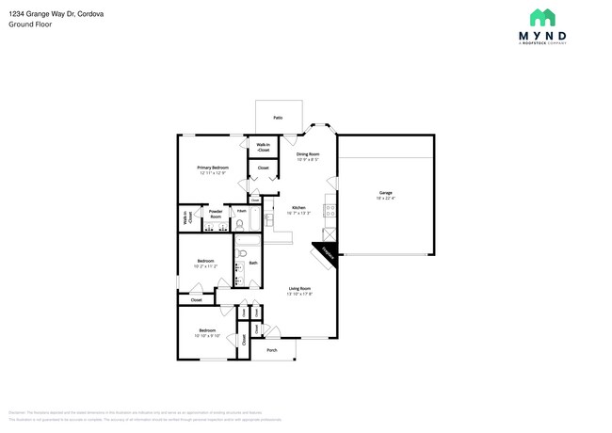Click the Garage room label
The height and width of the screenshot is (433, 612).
pyautogui.click(x=386, y=193)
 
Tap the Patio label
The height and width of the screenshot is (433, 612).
pyautogui.click(x=278, y=118)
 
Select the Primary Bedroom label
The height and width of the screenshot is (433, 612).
pyautogui.click(x=213, y=167)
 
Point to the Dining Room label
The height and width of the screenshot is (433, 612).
pyautogui.click(x=308, y=153)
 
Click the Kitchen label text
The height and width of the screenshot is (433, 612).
pyautogui.click(x=298, y=207)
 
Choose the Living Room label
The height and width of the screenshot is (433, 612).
pyautogui.click(x=300, y=288)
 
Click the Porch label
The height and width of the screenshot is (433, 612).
pyautogui.click(x=272, y=350)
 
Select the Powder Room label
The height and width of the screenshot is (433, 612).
pyautogui.click(x=216, y=214)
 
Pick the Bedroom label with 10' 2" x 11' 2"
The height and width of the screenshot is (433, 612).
pyautogui.click(x=205, y=261)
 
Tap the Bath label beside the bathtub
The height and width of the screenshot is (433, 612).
pyautogui.click(x=253, y=263)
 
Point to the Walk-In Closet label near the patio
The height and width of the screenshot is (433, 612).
pyautogui.click(x=263, y=147)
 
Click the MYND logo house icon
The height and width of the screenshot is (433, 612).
pyautogui.click(x=542, y=17)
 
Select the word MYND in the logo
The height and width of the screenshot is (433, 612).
pyautogui.click(x=542, y=36)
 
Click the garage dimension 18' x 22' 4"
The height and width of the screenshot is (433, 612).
pyautogui.click(x=386, y=199)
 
